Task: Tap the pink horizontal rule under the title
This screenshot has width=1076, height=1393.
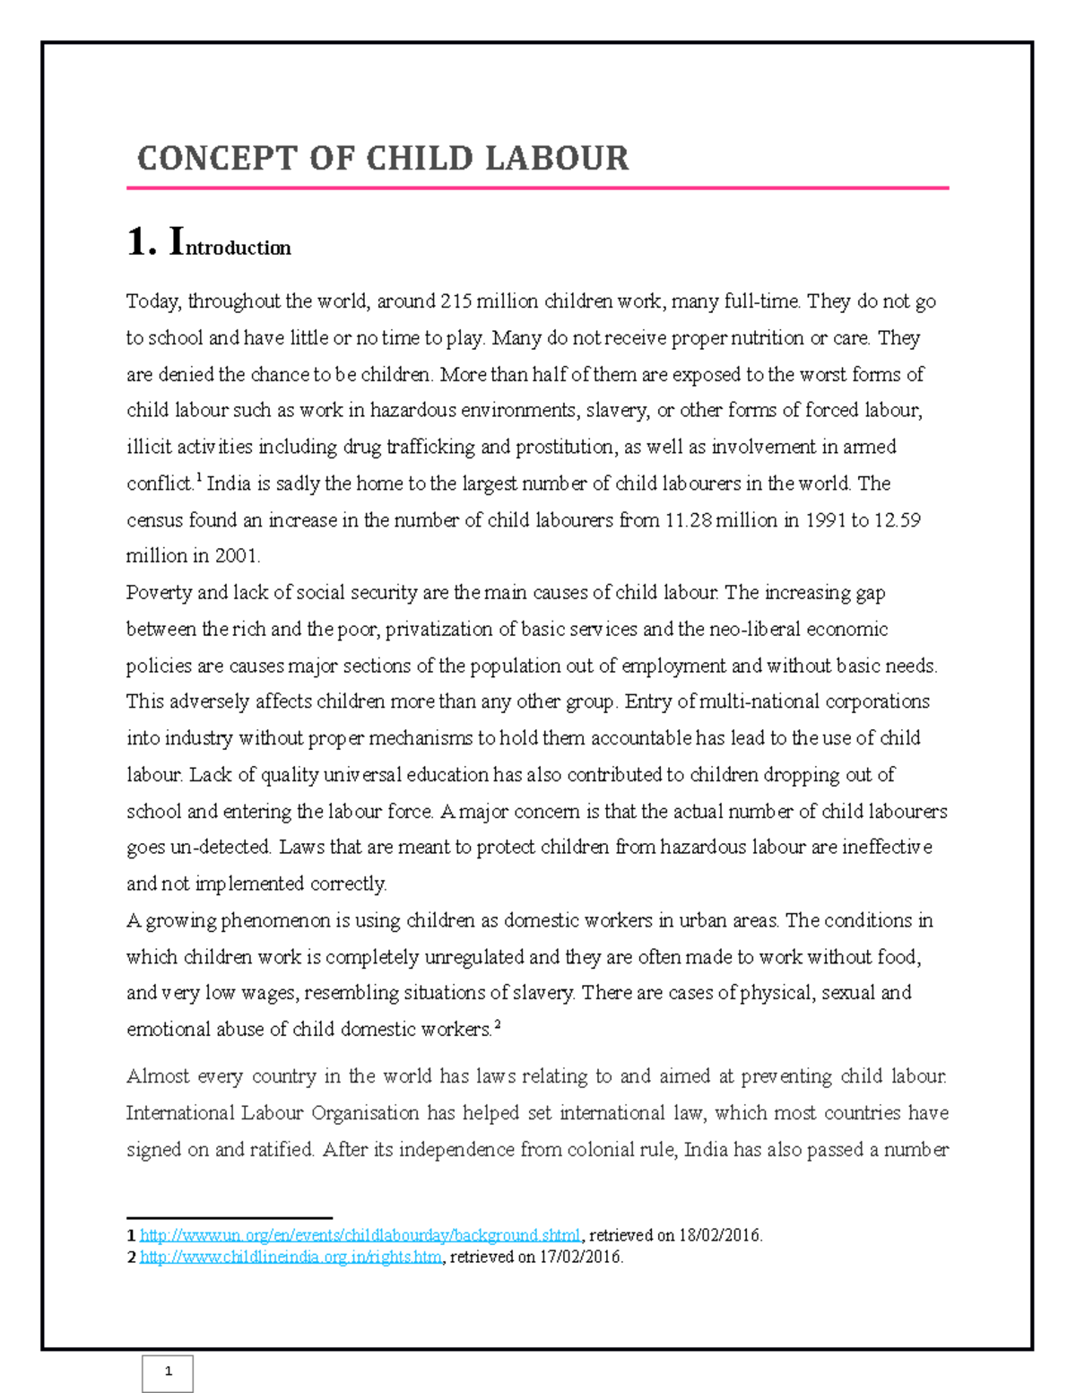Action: (x=538, y=188)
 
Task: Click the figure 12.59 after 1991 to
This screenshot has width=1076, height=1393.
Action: (x=898, y=520)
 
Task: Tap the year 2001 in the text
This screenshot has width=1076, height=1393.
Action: (x=236, y=556)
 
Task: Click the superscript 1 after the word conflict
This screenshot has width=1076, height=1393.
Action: (x=198, y=478)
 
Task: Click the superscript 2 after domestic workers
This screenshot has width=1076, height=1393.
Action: (x=497, y=1024)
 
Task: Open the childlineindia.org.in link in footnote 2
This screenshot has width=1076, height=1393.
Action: (x=291, y=1258)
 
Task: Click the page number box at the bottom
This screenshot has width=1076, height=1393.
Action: (x=168, y=1371)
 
